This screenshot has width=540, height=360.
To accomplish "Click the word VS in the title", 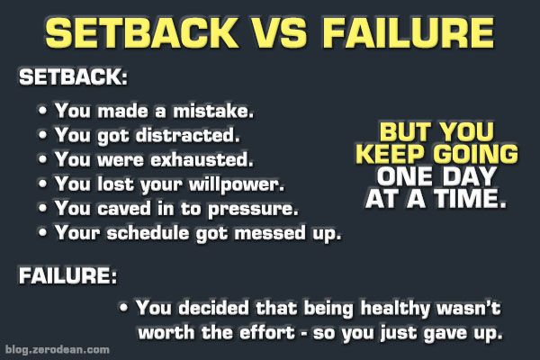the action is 279,32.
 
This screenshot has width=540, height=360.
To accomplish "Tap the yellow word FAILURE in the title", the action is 409,32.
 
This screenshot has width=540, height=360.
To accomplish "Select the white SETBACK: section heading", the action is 73,76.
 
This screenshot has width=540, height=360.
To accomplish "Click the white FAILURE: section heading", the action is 67,275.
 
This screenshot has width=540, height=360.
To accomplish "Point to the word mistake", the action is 213,111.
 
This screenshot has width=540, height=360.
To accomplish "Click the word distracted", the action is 187,135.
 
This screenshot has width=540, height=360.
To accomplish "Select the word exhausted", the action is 202,159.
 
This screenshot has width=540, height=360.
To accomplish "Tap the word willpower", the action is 236,184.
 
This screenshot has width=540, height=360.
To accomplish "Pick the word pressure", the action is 253,210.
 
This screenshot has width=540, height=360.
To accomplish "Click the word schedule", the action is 148,232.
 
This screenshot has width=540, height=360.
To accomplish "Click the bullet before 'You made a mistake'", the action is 42,111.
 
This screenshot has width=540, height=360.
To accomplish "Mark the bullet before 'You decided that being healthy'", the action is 124,307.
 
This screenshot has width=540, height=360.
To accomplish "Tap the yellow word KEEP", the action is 390,154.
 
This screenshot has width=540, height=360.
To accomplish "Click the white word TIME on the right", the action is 470,199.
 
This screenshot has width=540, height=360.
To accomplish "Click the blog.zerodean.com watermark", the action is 58,350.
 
